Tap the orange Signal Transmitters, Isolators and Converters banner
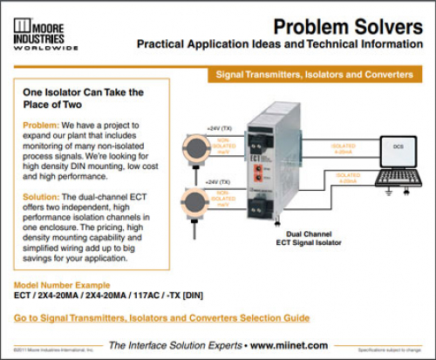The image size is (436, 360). pos(315,75)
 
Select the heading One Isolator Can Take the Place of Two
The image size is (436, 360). pos(83,98)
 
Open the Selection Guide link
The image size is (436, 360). pos(162,320)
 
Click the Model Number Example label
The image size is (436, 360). pos(63,286)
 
